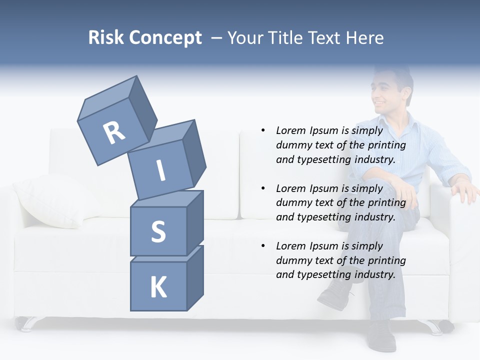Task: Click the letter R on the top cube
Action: click(x=114, y=133)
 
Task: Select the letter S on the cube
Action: click(x=158, y=231)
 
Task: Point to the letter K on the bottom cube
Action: click(x=158, y=287)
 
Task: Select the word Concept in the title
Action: click(x=164, y=38)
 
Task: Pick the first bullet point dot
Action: click(x=263, y=131)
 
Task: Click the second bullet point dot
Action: click(x=263, y=188)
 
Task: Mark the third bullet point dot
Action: click(x=263, y=246)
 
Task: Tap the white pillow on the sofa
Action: click(x=52, y=200)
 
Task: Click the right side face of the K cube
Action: click(x=195, y=277)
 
